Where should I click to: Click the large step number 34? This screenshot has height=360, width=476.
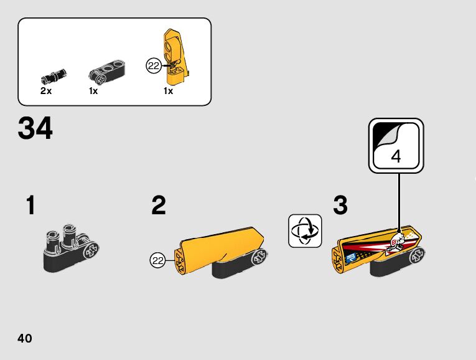point(35,128)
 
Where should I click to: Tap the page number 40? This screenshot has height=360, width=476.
point(25,338)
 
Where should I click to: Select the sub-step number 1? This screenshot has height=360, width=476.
point(30,205)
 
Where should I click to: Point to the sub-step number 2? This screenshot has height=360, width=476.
point(159,205)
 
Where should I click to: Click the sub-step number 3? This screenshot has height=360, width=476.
point(340,205)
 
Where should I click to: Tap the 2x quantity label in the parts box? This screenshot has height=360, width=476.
point(46,90)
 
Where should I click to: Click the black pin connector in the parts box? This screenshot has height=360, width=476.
point(54,76)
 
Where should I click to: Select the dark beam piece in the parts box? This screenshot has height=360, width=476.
point(107,72)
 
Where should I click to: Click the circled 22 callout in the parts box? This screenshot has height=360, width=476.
point(154,65)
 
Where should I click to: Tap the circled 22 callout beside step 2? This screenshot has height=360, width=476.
point(157,260)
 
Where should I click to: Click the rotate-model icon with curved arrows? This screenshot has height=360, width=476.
point(305,231)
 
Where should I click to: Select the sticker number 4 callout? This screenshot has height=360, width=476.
point(396,146)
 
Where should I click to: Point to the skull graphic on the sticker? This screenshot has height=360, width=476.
point(394,242)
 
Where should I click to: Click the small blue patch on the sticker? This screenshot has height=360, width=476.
point(351,258)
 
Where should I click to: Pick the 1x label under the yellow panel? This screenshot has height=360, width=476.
point(168,91)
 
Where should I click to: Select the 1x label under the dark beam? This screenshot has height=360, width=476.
point(93,91)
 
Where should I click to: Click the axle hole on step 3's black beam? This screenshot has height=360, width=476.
point(417,256)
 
